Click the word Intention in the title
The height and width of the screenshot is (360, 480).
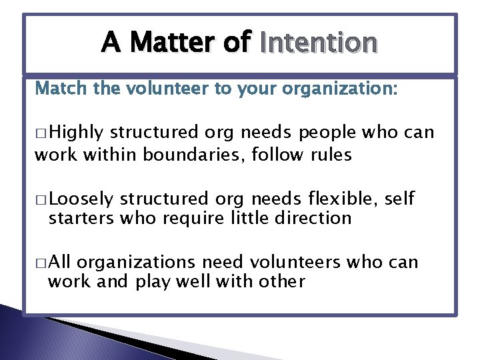319,43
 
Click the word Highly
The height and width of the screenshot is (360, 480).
77,133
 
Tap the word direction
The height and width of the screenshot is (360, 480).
313,218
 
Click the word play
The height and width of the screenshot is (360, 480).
153,282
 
